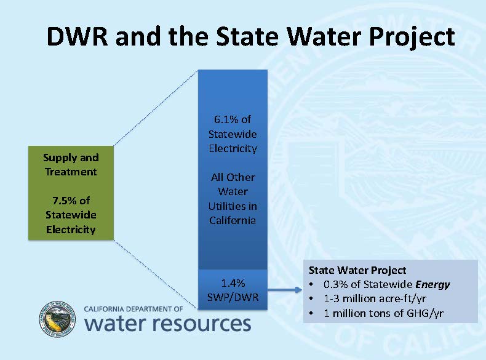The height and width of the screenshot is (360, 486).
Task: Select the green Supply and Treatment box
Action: click(71, 193)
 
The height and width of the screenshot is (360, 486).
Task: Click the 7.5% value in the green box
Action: click(71, 201)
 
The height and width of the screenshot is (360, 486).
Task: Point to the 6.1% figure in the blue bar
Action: click(233, 119)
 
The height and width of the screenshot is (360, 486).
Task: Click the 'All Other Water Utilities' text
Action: click(232, 199)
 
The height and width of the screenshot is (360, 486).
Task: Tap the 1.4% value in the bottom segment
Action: click(233, 283)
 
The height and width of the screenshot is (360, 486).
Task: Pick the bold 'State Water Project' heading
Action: click(357, 270)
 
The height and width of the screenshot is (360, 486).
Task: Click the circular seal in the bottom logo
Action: click(57, 320)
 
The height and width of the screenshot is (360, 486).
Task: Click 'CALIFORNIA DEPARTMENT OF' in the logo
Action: click(133, 309)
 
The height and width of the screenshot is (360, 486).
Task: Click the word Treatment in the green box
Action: click(71, 172)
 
